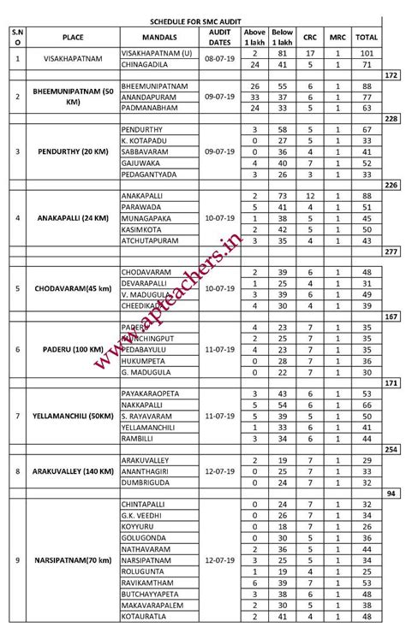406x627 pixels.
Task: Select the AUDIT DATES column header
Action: (221, 37)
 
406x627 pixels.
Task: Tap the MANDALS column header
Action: (160, 37)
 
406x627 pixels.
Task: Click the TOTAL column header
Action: (367, 37)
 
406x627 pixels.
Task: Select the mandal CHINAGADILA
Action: (146, 64)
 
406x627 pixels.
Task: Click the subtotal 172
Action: (392, 76)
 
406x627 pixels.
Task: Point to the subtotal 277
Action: (392, 251)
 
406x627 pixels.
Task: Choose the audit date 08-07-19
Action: (221, 57)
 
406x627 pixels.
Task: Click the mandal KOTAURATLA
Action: (146, 616)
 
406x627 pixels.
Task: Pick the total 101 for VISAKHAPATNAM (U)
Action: (367, 52)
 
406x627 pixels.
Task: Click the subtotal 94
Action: (392, 494)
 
